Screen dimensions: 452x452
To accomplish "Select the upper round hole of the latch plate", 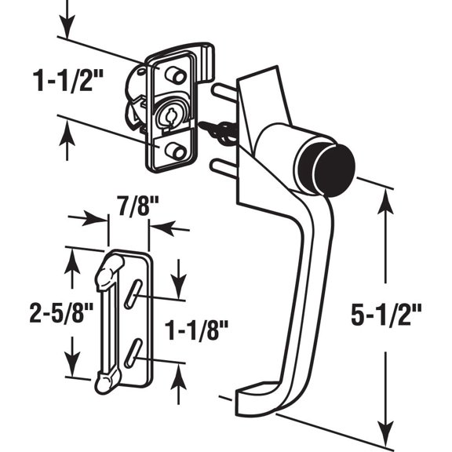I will [x=173, y=75].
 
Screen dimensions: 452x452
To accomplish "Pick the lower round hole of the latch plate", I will [x=173, y=150].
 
